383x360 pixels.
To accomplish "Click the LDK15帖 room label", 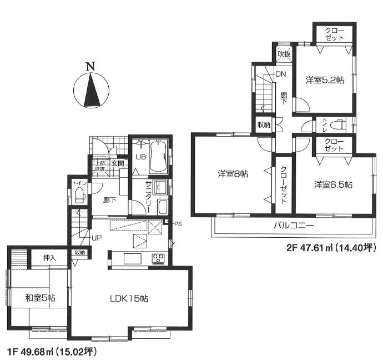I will pyautogui.click(x=128, y=298).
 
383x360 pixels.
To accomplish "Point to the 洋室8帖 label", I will pyautogui.click(x=232, y=174).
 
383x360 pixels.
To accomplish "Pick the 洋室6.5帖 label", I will pyautogui.click(x=333, y=184).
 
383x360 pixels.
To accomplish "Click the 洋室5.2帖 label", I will pyautogui.click(x=325, y=80).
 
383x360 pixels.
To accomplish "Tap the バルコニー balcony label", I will pyautogui.click(x=294, y=226).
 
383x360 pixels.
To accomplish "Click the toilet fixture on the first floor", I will pyautogui.click(x=79, y=194).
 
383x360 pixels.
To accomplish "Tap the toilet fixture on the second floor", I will pyautogui.click(x=338, y=125).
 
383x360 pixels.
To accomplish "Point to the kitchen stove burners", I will pyautogui.click(x=158, y=258).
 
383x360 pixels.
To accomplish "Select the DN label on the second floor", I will pyautogui.click(x=281, y=74).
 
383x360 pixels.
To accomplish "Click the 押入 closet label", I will pyautogui.click(x=51, y=258).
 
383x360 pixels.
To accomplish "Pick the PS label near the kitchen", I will pyautogui.click(x=178, y=224).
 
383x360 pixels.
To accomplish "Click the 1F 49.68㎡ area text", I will pyautogui.click(x=52, y=351).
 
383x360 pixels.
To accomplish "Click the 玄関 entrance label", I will pyautogui.click(x=117, y=163).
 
